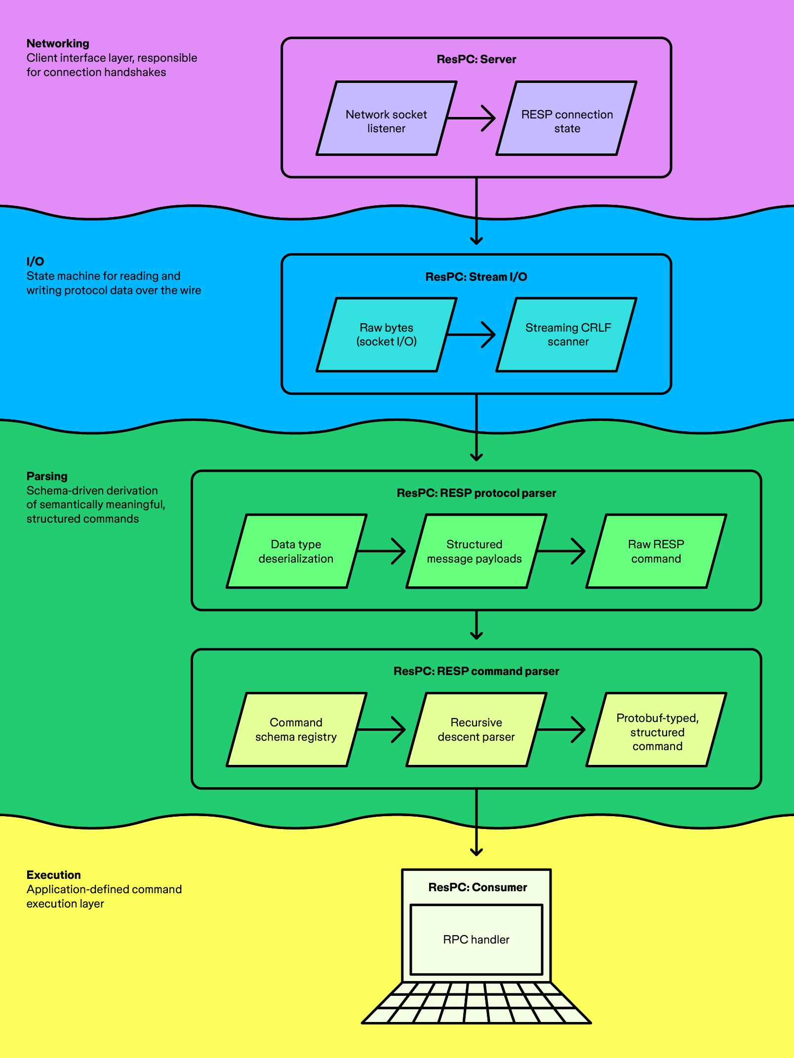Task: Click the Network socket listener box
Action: pos(386,118)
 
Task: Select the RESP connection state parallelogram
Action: pos(566,118)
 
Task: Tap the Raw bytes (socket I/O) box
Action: pos(386,335)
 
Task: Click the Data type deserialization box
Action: pos(296,551)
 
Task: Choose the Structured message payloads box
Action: pos(476,551)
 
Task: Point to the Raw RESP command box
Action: pos(656,551)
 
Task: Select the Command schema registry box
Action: pos(296,729)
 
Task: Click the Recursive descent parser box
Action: pos(476,729)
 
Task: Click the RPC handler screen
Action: pos(476,939)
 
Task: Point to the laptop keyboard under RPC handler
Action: pos(476,1003)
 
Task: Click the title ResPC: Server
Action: pos(476,59)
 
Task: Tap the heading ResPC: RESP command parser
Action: pos(476,671)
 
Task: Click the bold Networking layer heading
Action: pos(58,43)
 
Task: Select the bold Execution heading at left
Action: pos(53,875)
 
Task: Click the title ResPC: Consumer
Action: pos(477,887)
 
